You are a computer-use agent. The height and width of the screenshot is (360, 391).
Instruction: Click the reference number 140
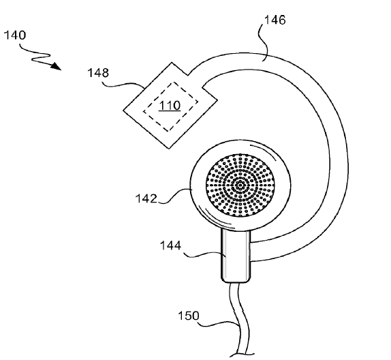pos(15,35)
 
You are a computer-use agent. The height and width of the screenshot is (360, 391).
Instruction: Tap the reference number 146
pos(275,20)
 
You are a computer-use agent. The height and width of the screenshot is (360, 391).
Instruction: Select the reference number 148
pos(98,73)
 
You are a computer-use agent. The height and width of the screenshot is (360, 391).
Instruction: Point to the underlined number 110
pos(170,106)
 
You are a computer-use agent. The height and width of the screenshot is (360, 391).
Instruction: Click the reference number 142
pos(146,198)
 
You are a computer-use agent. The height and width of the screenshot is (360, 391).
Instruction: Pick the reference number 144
pos(170,245)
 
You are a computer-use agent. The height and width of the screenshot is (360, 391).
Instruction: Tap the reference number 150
pos(189,316)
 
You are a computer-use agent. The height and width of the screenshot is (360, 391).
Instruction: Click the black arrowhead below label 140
pos(56,66)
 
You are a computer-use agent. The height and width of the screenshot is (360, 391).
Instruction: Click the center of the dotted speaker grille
pos(240,185)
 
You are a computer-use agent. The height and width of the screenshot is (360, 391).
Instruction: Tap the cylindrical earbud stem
pos(236,255)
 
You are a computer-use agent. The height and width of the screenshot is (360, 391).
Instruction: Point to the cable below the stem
pos(238,320)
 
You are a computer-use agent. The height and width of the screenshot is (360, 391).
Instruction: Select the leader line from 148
pos(123,85)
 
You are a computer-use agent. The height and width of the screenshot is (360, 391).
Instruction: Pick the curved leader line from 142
pos(174,196)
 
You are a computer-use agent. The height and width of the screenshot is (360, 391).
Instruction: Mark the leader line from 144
pos(204,255)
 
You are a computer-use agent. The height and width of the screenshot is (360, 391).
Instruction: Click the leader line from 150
pos(219,324)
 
